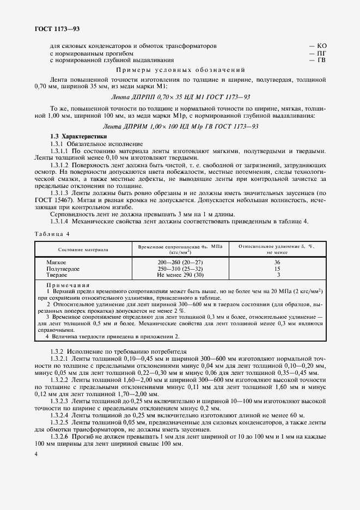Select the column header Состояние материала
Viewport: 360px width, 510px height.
(83, 250)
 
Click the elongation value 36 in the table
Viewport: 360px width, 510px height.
(277, 263)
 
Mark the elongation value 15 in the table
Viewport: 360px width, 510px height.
(277, 269)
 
